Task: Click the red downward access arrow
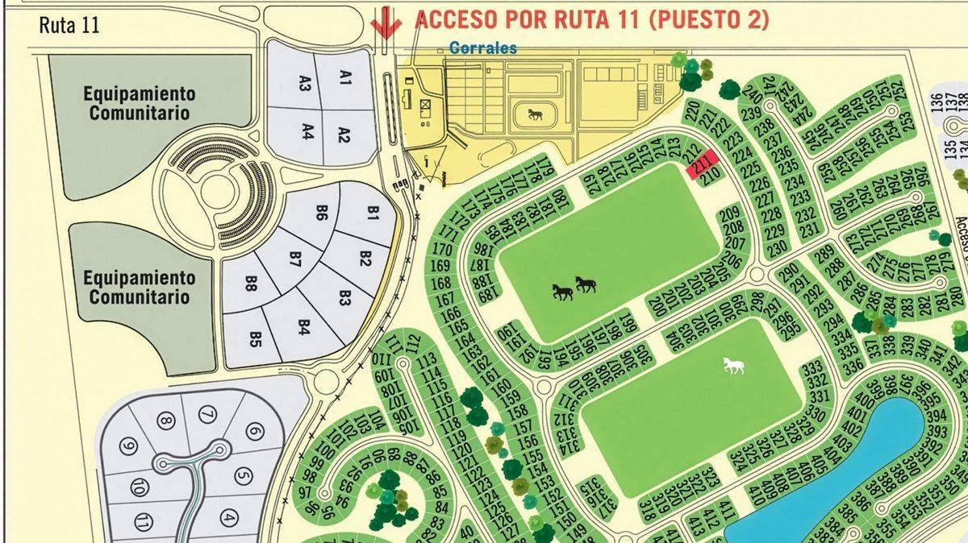pyautogui.click(x=386, y=23)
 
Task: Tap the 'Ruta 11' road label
pyautogui.click(x=69, y=25)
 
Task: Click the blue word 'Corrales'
pyautogui.click(x=483, y=48)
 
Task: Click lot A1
pyautogui.click(x=346, y=78)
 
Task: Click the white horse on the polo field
pyautogui.click(x=732, y=366)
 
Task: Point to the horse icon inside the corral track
pyautogui.click(x=535, y=114)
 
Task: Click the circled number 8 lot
pyautogui.click(x=165, y=421)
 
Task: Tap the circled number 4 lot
pyautogui.click(x=229, y=517)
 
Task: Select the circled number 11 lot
pyautogui.click(x=144, y=520)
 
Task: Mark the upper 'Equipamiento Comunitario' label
pyautogui.click(x=140, y=103)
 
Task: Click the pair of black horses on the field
pyautogui.click(x=574, y=288)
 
